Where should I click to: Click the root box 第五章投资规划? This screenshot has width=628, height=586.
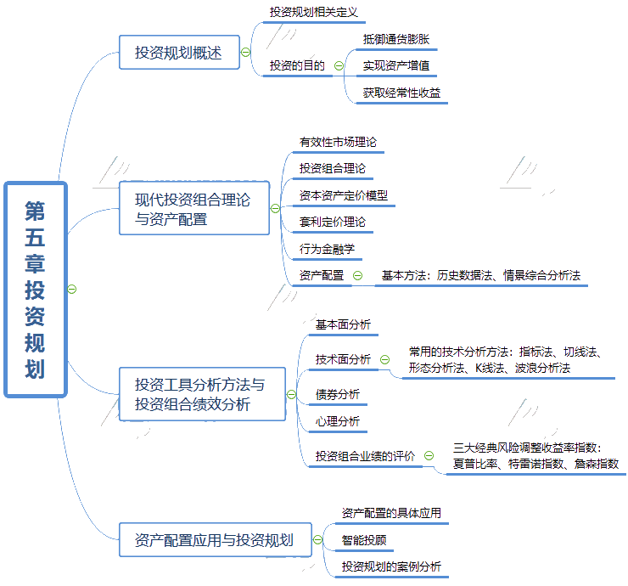[x=35, y=289]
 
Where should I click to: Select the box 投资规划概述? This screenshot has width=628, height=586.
[x=178, y=53]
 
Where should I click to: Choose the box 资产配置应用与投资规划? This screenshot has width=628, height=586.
[x=214, y=539]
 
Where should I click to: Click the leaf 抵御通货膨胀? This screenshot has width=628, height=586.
[x=396, y=39]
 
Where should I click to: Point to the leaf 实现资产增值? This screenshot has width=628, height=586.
[x=396, y=65]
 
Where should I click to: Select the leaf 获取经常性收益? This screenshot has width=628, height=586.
[x=401, y=93]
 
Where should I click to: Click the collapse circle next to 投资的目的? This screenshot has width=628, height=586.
[x=339, y=65]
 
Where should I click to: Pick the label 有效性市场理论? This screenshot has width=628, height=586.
[x=338, y=142]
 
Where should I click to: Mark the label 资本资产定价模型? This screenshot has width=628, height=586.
[x=344, y=195]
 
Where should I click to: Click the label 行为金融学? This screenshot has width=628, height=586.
[x=327, y=249]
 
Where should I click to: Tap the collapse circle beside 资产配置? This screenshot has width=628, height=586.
[x=357, y=275]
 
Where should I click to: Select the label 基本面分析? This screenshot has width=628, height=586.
[x=343, y=324]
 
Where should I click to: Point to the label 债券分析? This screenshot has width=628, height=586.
[x=338, y=394]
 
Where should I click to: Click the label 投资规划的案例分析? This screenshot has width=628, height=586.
[x=391, y=566]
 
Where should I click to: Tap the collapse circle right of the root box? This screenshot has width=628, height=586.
[x=72, y=289]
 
